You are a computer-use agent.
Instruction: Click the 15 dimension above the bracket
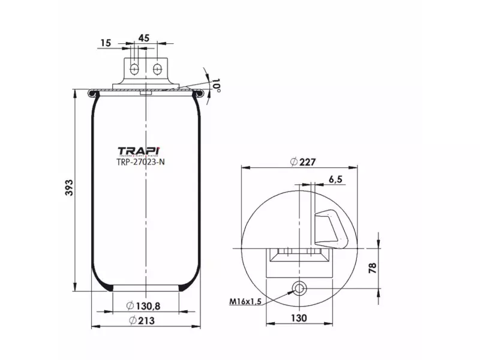point(106,42)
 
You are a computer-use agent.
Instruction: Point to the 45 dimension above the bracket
point(144,38)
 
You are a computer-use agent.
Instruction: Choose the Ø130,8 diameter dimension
point(143,306)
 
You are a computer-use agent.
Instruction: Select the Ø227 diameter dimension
point(302,161)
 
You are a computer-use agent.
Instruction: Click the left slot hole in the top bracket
point(135,68)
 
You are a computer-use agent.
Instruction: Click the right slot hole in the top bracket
point(157,68)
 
